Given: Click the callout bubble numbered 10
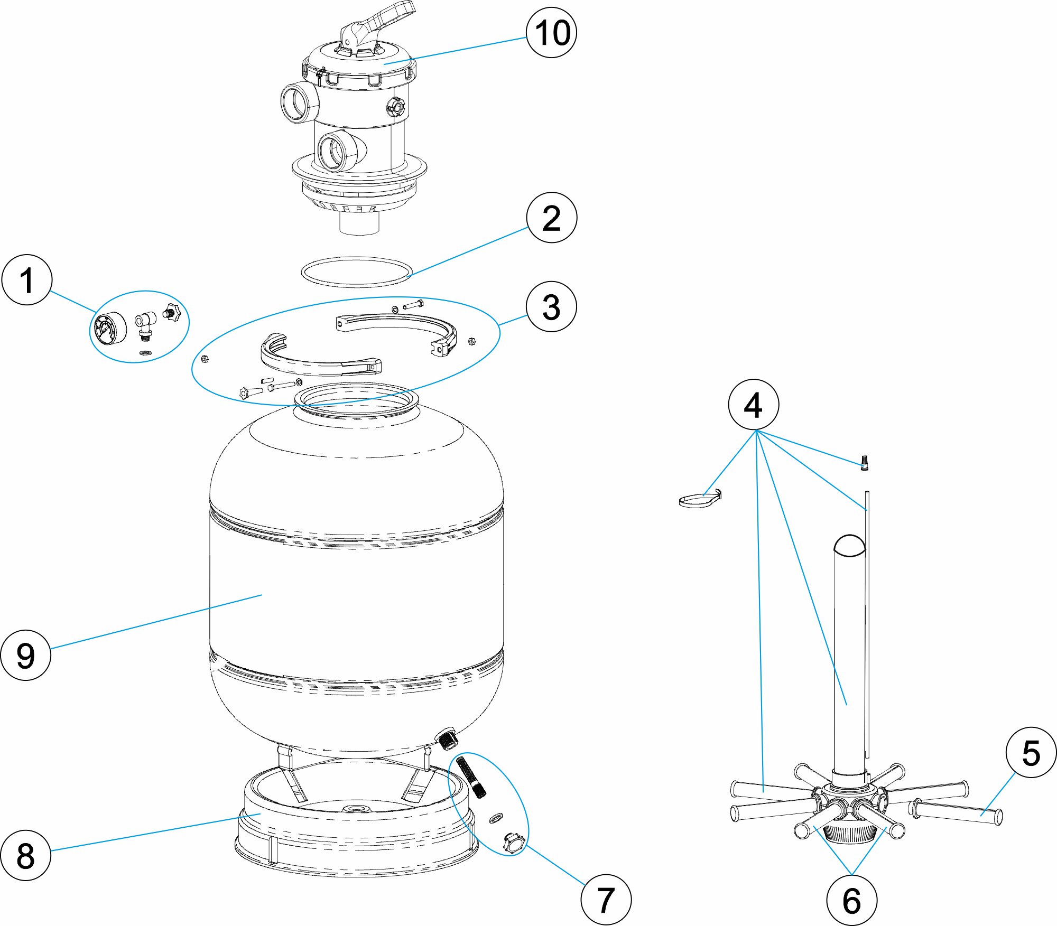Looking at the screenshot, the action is click(552, 32).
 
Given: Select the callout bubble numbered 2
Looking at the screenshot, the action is click(552, 218).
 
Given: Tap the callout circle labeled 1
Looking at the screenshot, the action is click(27, 280).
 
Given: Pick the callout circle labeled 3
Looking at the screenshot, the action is click(552, 306).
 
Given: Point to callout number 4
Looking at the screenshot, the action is click(754, 405).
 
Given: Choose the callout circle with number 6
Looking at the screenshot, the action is click(852, 900).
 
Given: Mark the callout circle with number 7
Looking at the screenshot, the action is click(606, 900).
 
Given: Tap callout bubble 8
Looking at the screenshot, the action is click(26, 855).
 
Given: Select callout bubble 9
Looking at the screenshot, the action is click(26, 655).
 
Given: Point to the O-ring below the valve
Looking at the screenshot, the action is click(357, 273).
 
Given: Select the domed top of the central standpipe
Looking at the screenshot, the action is click(850, 546).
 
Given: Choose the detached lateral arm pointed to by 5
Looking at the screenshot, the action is click(955, 812).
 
